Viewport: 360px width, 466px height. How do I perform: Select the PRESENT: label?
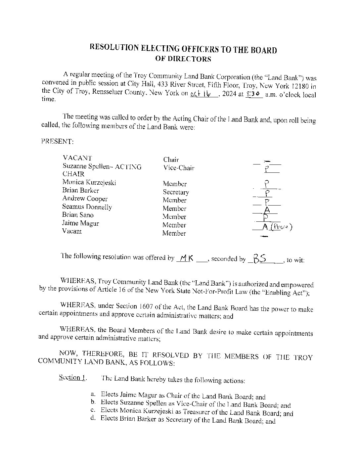click(57, 141)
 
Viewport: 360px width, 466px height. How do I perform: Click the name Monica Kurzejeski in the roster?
click(89, 182)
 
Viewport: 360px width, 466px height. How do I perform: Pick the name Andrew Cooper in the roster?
click(85, 199)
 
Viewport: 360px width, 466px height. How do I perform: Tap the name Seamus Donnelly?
click(87, 207)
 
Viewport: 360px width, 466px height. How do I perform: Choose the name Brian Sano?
click(78, 215)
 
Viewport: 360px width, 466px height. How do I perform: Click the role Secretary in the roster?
click(176, 192)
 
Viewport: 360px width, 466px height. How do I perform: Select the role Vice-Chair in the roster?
click(179, 168)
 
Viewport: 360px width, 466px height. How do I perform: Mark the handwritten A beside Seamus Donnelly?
click(267, 210)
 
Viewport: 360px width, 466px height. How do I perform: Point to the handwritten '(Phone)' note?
click(282, 227)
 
